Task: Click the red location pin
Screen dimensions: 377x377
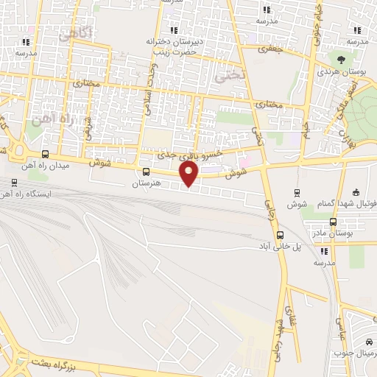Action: pos(189,174)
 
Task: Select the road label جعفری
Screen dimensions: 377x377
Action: pos(269,50)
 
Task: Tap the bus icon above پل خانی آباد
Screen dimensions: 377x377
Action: pos(278,236)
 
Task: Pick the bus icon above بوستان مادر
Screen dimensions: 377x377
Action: pos(333,222)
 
